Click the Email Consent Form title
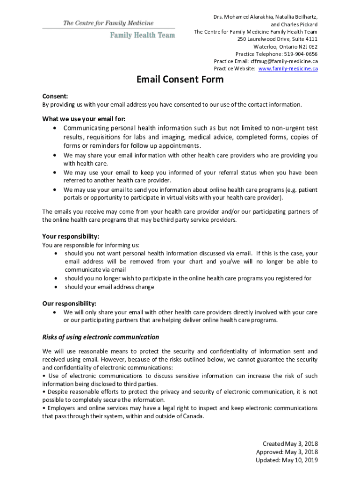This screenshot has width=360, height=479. pos(180,80)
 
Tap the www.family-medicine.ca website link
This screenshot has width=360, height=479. pos(288,68)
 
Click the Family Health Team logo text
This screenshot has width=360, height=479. pos(143,35)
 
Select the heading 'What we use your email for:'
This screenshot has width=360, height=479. pos(84,118)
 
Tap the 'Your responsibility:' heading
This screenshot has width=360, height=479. pos(71,236)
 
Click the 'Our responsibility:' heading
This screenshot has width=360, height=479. pos(69,304)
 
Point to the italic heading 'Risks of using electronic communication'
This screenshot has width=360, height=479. pos(101,337)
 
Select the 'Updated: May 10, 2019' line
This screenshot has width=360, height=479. pos(287,460)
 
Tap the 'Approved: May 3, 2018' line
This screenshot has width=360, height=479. pos(287,452)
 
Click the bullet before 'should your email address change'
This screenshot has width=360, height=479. pos(56,287)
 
